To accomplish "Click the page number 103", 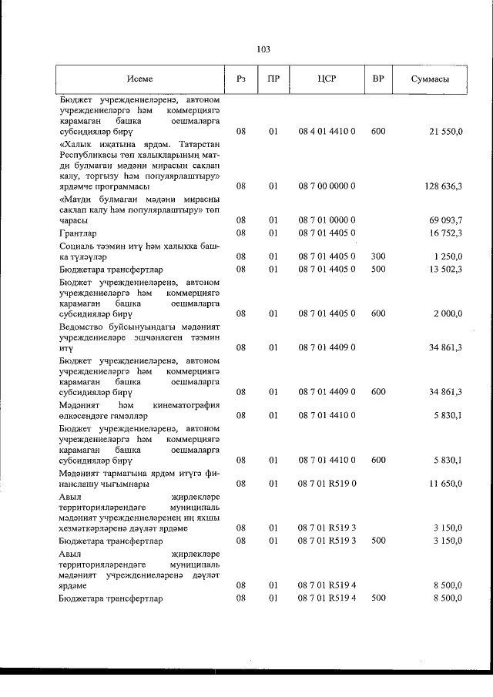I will coord(263,49).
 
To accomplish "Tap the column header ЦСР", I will coord(327,79).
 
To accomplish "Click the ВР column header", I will coord(378,79).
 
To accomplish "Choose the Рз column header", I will coord(241,79).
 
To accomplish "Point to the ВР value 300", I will coord(378,256).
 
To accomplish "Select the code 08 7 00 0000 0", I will coord(327,186).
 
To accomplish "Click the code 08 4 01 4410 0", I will coord(327,132).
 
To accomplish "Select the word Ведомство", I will coord(84,326).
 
